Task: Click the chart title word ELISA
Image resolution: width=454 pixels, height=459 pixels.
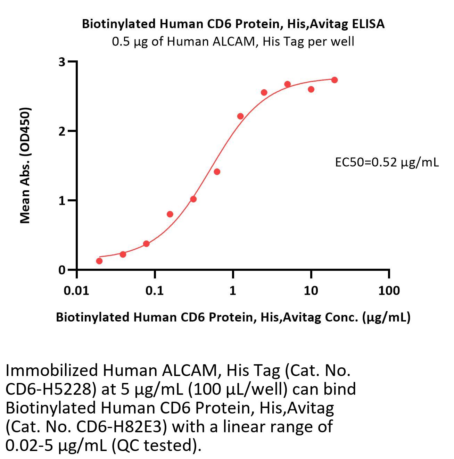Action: pyautogui.click(x=368, y=24)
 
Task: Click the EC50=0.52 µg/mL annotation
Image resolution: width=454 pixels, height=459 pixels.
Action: pyautogui.click(x=387, y=162)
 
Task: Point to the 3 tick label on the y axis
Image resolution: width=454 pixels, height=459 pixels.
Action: pyautogui.click(x=62, y=62)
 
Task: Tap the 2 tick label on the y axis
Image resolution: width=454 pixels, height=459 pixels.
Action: pyautogui.click(x=62, y=131)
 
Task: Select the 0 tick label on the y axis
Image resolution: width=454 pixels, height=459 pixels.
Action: pyautogui.click(x=62, y=270)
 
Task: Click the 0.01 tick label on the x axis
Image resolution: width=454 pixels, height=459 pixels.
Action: pyautogui.click(x=76, y=290)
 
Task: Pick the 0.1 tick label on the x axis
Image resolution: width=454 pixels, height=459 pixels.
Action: pyautogui.click(x=155, y=290)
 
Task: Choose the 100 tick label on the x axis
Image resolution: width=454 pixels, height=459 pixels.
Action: pyautogui.click(x=389, y=290)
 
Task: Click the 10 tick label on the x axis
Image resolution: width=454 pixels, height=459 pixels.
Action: pyautogui.click(x=311, y=290)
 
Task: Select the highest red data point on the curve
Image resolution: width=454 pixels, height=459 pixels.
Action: pyautogui.click(x=335, y=80)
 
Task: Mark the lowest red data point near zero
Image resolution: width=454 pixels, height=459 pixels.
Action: pyautogui.click(x=99, y=261)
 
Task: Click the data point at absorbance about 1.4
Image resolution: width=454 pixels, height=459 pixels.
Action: pyautogui.click(x=217, y=172)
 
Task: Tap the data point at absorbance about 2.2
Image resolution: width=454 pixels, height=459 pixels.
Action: pyautogui.click(x=240, y=116)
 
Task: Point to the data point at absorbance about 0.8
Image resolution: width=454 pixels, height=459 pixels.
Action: pyautogui.click(x=170, y=214)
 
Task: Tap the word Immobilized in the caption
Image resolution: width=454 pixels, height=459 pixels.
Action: pyautogui.click(x=51, y=371)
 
